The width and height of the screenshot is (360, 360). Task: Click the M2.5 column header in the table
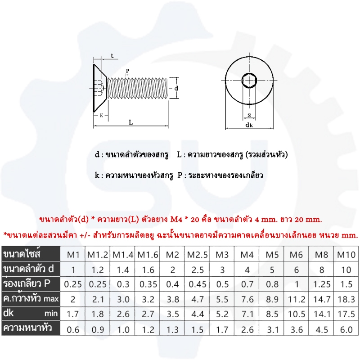(x=197, y=255)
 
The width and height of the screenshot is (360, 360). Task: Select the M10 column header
(x=346, y=255)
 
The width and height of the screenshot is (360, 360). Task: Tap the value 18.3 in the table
(x=346, y=299)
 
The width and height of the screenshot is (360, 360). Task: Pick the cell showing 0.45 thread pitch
(x=197, y=284)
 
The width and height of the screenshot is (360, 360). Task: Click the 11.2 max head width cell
(x=297, y=299)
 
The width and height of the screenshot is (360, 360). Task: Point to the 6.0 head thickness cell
(x=346, y=330)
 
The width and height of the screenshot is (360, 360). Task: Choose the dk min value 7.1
(x=247, y=314)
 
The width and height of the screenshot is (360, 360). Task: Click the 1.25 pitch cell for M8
(x=322, y=284)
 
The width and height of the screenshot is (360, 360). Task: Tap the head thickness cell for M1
(x=73, y=330)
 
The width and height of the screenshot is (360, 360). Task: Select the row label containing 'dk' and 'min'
(x=31, y=313)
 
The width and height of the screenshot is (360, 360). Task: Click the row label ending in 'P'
(x=27, y=283)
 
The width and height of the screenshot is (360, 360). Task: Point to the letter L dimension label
(x=131, y=122)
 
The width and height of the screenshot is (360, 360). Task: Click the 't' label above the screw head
(x=112, y=56)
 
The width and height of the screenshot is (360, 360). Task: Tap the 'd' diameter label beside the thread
(x=176, y=88)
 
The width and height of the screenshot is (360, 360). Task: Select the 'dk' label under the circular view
(x=249, y=125)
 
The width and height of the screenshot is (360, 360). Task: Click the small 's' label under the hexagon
(x=249, y=115)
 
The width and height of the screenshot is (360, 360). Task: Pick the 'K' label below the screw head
(x=101, y=116)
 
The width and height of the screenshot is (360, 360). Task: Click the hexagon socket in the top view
(x=249, y=81)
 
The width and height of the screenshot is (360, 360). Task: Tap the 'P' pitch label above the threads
(x=128, y=71)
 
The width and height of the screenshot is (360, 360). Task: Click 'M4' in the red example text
(x=176, y=220)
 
